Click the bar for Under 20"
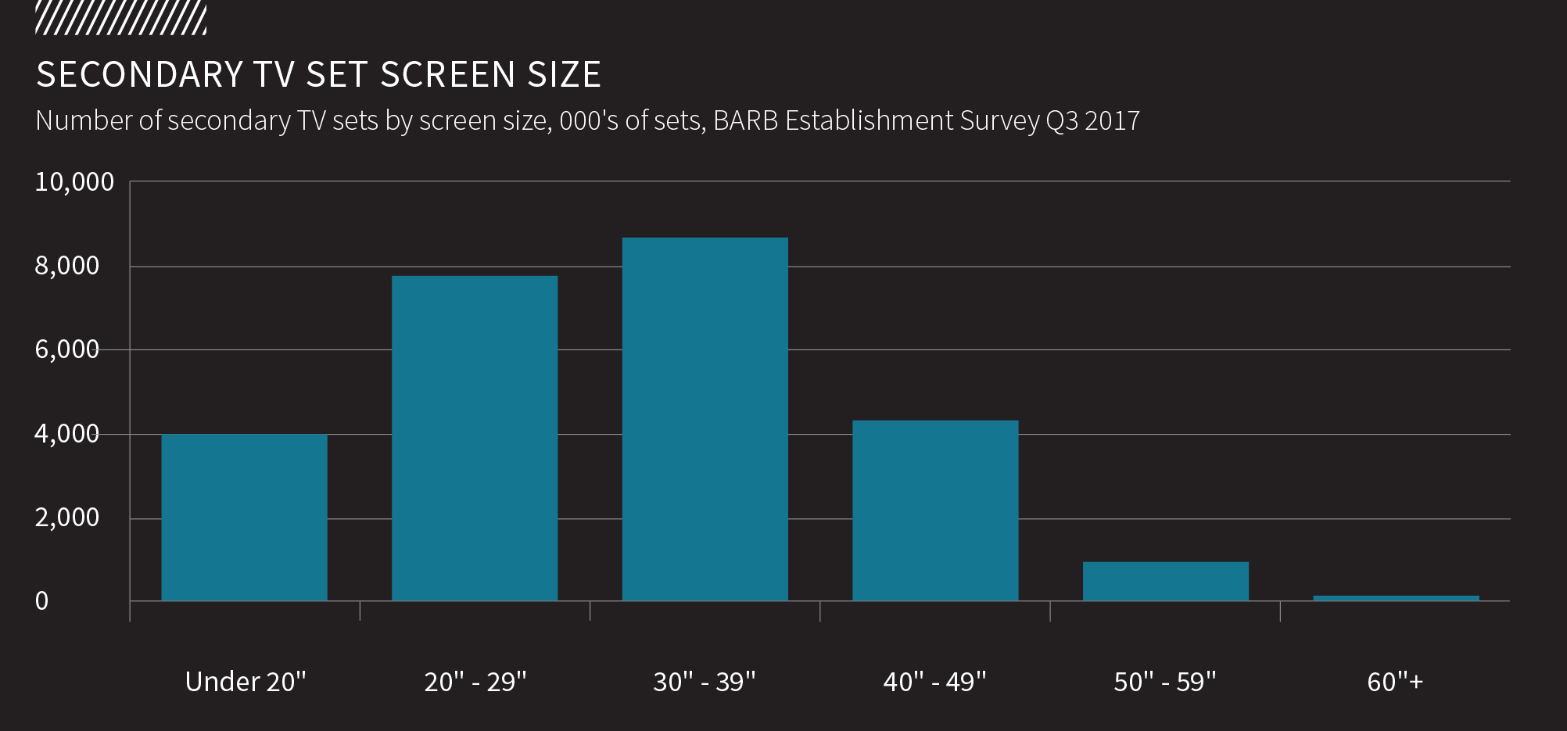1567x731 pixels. [x=244, y=518]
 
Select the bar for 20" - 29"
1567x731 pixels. [x=475, y=438]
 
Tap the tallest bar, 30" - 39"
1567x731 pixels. [x=705, y=419]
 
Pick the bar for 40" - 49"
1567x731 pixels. [x=935, y=511]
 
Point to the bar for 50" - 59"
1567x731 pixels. [x=1165, y=581]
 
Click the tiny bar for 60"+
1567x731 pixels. [x=1396, y=598]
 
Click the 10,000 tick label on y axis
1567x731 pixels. [x=74, y=182]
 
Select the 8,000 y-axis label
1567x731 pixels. [x=67, y=266]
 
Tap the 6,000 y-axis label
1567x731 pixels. [x=67, y=349]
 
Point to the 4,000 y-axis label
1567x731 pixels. [x=67, y=434]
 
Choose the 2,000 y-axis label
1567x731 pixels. [x=67, y=518]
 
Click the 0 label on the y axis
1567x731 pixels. [x=41, y=601]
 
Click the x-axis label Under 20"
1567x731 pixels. [x=246, y=682]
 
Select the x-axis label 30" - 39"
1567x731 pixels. [x=705, y=682]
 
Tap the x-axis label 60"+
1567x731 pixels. [x=1395, y=682]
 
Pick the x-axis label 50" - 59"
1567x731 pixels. [x=1165, y=682]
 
